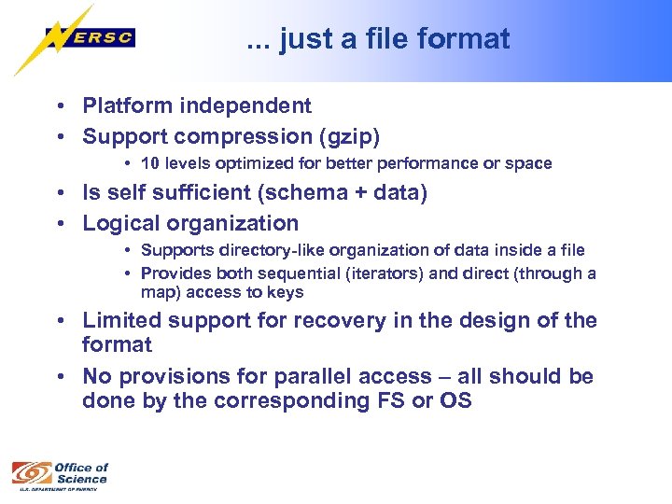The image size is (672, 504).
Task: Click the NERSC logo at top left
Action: click(x=75, y=39)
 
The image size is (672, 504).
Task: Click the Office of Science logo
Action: click(x=60, y=473)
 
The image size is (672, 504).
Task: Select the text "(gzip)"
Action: click(x=350, y=136)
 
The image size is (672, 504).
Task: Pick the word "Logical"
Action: click(x=119, y=223)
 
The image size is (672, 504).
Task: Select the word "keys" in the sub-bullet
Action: click(x=286, y=292)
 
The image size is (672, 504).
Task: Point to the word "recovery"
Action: click(x=336, y=320)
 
